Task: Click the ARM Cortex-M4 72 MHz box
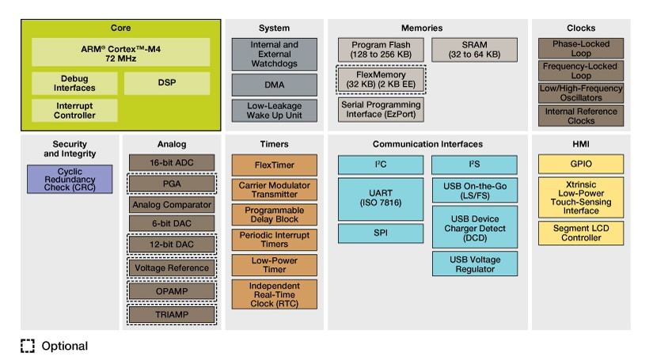tap(121, 51)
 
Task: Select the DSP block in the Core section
tap(167, 83)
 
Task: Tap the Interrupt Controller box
tap(74, 110)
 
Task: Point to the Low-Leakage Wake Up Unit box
tap(275, 110)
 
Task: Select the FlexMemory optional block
tap(381, 79)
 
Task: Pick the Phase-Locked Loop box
tap(580, 48)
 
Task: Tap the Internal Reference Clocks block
tap(580, 116)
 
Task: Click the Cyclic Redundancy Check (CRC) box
tap(70, 179)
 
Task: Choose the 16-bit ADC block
tap(172, 162)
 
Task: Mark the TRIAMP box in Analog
tap(172, 314)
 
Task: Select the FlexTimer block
tap(275, 165)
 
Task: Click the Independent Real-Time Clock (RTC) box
tap(275, 294)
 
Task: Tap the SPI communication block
tap(380, 233)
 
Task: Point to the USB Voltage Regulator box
tap(475, 263)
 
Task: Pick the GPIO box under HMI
tap(580, 165)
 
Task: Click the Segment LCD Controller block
tap(580, 233)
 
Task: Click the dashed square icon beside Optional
tap(28, 346)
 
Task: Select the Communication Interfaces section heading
tap(427, 144)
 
